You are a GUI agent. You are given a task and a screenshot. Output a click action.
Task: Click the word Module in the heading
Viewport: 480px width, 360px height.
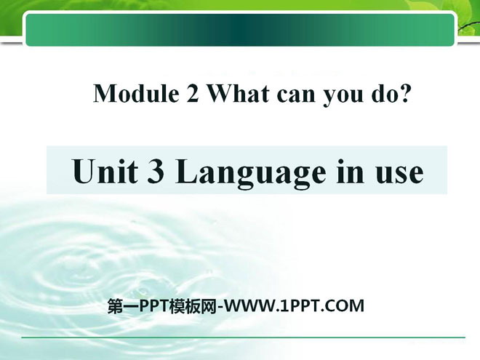click(137, 93)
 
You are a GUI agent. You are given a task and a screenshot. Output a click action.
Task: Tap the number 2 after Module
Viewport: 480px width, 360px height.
click(192, 93)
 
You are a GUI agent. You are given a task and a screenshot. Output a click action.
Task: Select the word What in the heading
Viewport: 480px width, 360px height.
click(239, 93)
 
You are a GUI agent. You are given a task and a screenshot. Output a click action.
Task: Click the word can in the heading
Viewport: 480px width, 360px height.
click(296, 95)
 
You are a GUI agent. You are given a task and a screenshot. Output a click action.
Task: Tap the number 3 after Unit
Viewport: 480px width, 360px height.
click(156, 172)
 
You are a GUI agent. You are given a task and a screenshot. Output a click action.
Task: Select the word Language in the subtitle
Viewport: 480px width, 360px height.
click(251, 173)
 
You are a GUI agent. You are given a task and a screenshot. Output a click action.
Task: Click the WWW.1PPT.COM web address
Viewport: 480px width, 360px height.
click(293, 305)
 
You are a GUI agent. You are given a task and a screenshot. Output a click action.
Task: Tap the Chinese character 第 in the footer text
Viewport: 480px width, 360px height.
click(114, 306)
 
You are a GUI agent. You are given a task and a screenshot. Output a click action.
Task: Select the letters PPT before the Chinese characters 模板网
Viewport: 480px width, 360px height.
click(153, 305)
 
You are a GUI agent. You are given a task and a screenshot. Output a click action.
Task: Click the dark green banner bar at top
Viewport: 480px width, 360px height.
click(240, 30)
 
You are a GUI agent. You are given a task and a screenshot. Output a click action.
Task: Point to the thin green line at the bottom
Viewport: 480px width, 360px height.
click(244, 337)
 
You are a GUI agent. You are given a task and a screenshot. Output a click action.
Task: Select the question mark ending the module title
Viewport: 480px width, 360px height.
click(404, 93)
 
